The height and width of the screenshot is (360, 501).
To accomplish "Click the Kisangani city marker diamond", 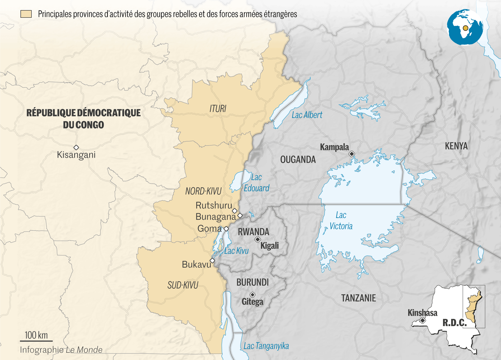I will tap(76, 147).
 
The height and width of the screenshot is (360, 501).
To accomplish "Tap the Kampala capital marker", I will tap(352, 154).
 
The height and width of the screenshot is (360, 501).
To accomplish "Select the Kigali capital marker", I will tap(258, 239).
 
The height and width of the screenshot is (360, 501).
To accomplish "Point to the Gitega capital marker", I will tap(253, 295).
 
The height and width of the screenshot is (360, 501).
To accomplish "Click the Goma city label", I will tap(209, 228).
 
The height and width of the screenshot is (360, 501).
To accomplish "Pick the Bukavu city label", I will tap(196, 265).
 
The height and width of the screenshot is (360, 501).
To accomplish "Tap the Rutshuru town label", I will tap(214, 205).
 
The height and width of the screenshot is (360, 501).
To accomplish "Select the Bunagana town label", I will tap(215, 216).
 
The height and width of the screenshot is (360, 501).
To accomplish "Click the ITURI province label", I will tap(218, 108).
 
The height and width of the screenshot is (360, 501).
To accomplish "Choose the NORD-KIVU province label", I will tap(203, 191).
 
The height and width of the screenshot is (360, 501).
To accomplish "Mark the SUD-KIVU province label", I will tap(183, 285).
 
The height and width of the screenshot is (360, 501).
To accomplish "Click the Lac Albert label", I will tap(307, 115).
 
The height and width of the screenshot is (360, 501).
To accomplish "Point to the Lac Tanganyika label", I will tap(266, 346).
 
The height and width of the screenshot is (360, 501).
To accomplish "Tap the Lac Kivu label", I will tap(236, 251).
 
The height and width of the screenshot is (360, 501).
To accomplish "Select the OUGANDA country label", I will tap(298, 159).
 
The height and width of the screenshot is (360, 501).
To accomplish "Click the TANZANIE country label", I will tap(358, 298).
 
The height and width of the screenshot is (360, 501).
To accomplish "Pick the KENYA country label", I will tap(456, 146).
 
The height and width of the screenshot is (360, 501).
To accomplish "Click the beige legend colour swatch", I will tap(26, 14).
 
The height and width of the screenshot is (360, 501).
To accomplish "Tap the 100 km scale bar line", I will tap(36, 341).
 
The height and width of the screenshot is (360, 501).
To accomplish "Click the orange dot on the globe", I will tap(465, 28).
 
